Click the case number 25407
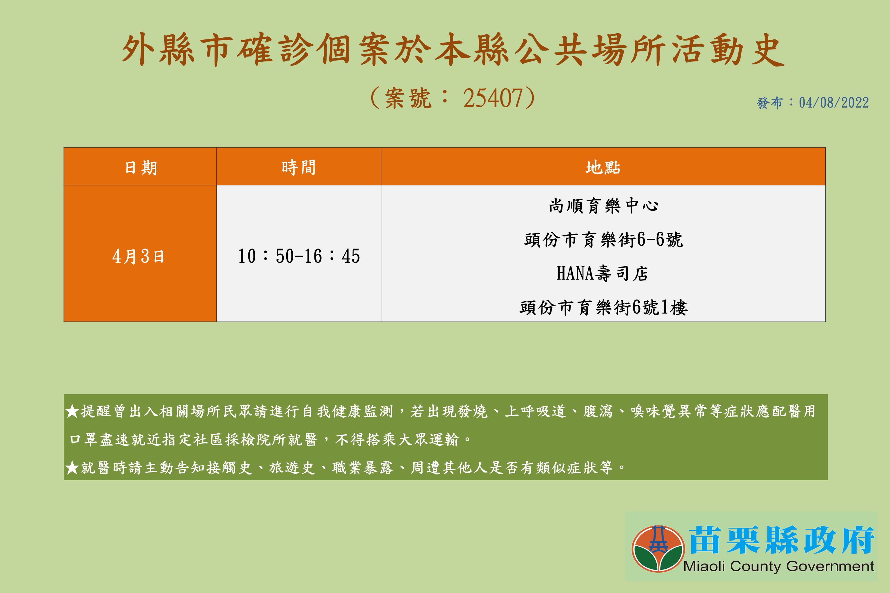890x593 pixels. point(493,98)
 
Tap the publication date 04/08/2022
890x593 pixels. point(834,103)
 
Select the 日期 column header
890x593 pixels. point(141,167)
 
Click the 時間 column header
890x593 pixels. point(299,167)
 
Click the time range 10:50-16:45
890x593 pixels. point(299,256)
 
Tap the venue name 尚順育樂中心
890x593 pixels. point(603,206)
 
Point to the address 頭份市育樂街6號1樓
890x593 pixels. point(603,307)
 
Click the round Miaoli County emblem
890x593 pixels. point(658,548)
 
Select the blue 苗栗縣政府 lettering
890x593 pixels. point(781,540)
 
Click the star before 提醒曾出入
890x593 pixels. point(72,411)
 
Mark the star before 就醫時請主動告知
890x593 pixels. point(72,468)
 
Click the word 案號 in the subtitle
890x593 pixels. point(408,98)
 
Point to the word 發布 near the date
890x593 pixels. point(769,103)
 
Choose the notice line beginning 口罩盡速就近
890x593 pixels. point(270,439)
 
